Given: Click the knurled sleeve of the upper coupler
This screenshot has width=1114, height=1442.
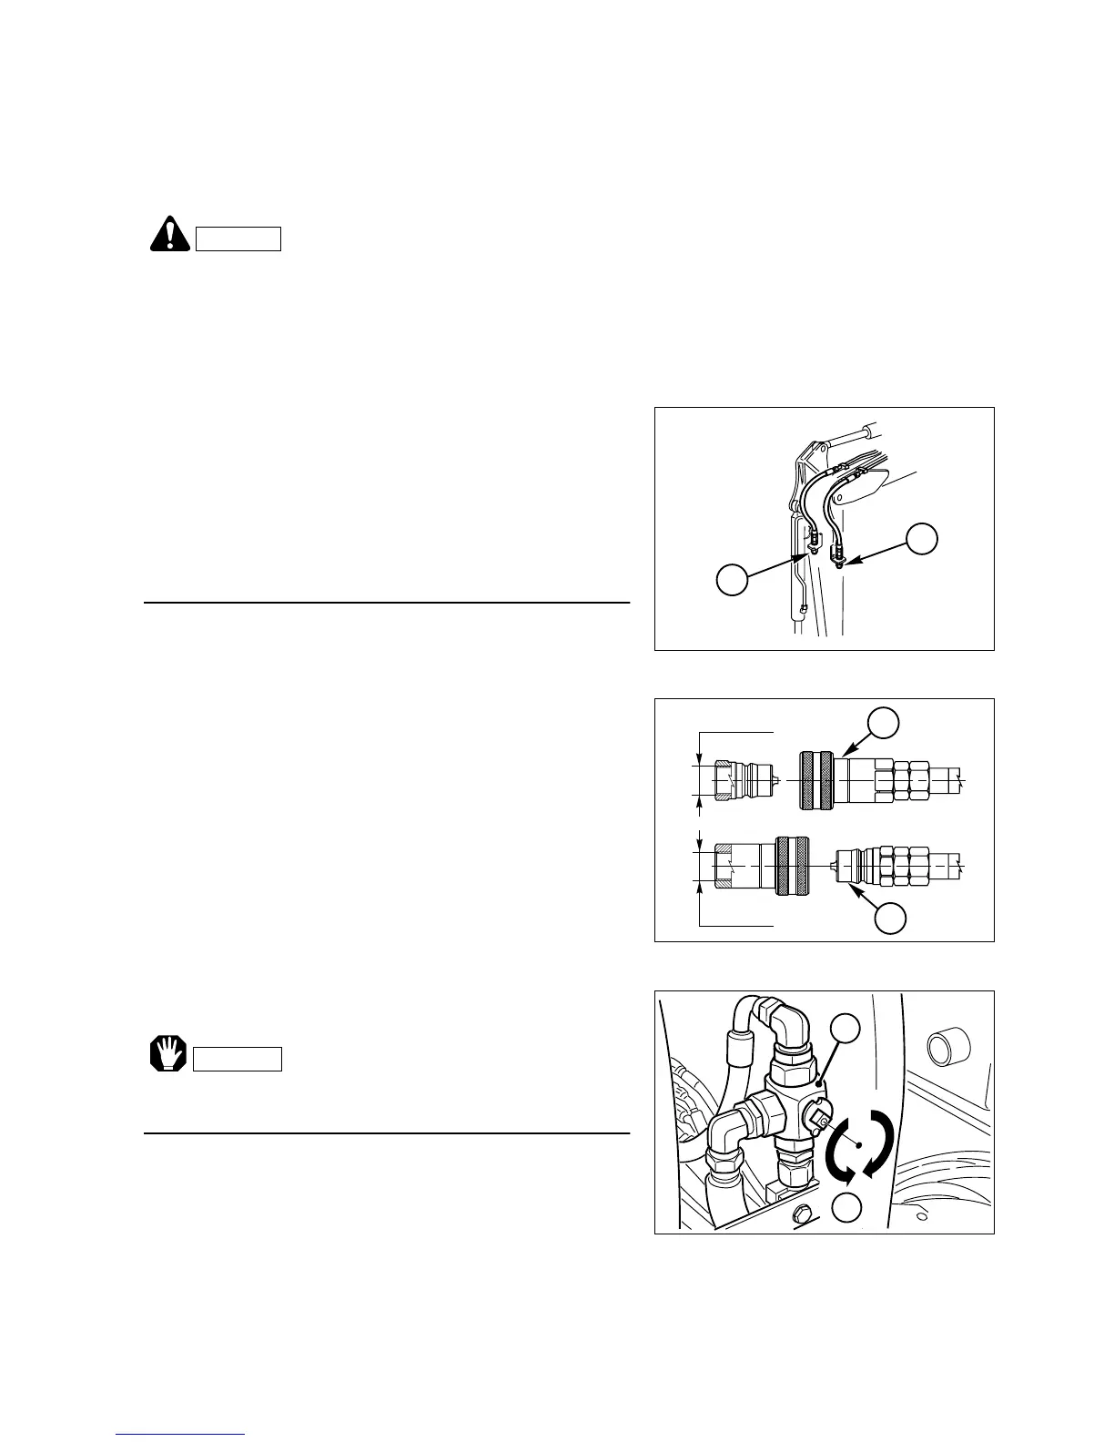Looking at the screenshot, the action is point(816,780).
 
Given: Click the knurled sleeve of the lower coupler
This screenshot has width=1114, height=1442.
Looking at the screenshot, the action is point(790,864).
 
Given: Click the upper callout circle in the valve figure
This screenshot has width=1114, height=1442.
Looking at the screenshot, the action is point(846,1028).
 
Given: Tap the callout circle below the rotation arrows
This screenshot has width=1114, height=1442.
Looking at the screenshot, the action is point(846,1207).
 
